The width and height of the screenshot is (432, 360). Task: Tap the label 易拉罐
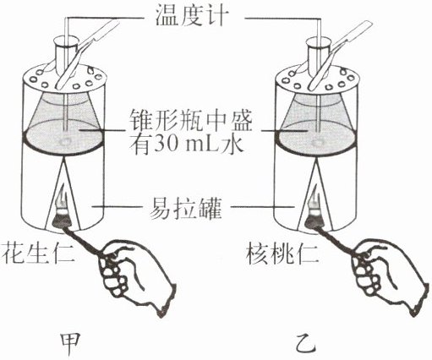pyautogui.click(x=186, y=208)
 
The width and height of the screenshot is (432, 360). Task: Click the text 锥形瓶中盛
pyautogui.click(x=190, y=122)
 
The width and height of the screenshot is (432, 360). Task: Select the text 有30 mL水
pyautogui.click(x=187, y=145)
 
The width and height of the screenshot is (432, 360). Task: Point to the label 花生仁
pyautogui.click(x=38, y=253)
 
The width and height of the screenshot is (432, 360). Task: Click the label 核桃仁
pyautogui.click(x=282, y=253)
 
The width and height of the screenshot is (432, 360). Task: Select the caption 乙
pyautogui.click(x=306, y=342)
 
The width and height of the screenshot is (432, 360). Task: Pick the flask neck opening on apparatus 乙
pyautogui.click(x=318, y=41)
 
